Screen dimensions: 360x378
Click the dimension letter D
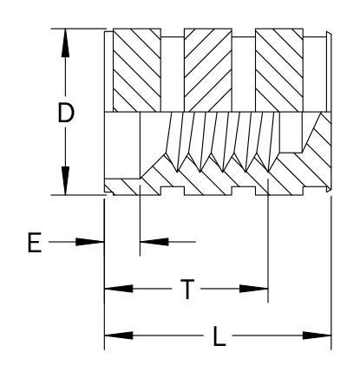click(x=66, y=113)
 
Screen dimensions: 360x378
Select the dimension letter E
click(x=35, y=242)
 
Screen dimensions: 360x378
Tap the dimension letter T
click(x=187, y=289)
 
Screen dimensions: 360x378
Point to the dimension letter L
click(x=219, y=336)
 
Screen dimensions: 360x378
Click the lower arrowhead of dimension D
click(x=66, y=181)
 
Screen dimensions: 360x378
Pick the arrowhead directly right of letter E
click(x=89, y=242)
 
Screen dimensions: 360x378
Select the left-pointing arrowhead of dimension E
click(x=154, y=242)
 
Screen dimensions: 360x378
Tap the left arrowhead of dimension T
click(x=119, y=289)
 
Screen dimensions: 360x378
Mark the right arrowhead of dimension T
click(x=254, y=289)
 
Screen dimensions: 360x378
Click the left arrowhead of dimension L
click(x=119, y=336)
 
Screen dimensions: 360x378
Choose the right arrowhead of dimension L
click(x=317, y=336)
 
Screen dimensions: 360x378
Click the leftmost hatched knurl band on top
click(x=137, y=70)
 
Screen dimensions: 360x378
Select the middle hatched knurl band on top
click(x=208, y=70)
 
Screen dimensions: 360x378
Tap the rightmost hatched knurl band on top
click(x=279, y=70)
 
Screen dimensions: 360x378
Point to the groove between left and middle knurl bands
click(x=173, y=75)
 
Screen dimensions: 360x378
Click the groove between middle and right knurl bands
click(x=244, y=75)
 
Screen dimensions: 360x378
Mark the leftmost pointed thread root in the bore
click(x=177, y=172)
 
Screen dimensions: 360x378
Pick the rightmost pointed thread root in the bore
click(x=269, y=172)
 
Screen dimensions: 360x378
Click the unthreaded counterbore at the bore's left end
click(x=122, y=145)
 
